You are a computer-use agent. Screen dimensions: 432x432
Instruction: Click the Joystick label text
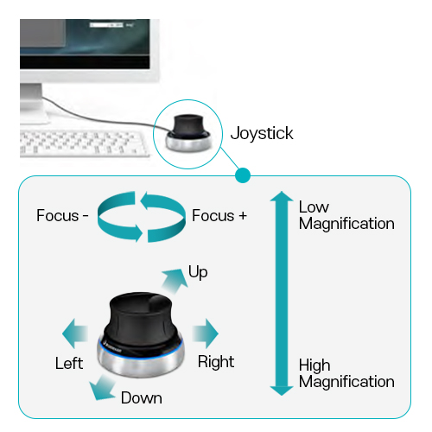[x=262, y=134]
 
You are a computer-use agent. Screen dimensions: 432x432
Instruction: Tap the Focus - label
[x=62, y=215]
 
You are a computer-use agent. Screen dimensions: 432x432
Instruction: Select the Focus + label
[x=219, y=215]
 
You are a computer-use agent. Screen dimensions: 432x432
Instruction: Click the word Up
[x=198, y=272]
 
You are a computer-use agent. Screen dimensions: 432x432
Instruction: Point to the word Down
[x=142, y=398]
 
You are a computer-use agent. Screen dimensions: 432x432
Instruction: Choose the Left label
[x=69, y=363]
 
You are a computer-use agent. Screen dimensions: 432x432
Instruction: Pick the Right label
[x=216, y=362]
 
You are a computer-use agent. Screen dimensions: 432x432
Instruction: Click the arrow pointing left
[x=75, y=334]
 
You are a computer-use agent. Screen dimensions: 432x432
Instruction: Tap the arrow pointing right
[x=206, y=334]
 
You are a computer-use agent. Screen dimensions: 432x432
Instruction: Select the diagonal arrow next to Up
[x=175, y=282]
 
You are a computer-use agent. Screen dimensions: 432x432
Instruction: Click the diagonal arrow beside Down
[x=102, y=388]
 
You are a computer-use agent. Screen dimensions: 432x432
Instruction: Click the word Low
[x=314, y=206]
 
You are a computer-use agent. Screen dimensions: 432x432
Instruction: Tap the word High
[x=314, y=365]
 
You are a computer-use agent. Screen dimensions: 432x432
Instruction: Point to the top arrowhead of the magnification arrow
[x=282, y=196]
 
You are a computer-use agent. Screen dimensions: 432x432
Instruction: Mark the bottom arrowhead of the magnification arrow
[x=282, y=391]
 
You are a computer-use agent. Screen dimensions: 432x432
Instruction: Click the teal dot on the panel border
[x=243, y=175]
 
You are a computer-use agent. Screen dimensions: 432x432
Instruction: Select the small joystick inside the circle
[x=188, y=132]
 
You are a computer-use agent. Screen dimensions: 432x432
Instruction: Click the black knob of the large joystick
[x=141, y=318]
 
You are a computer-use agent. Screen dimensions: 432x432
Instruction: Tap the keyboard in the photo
[x=85, y=143]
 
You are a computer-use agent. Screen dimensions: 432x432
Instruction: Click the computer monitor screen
[x=85, y=44]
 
